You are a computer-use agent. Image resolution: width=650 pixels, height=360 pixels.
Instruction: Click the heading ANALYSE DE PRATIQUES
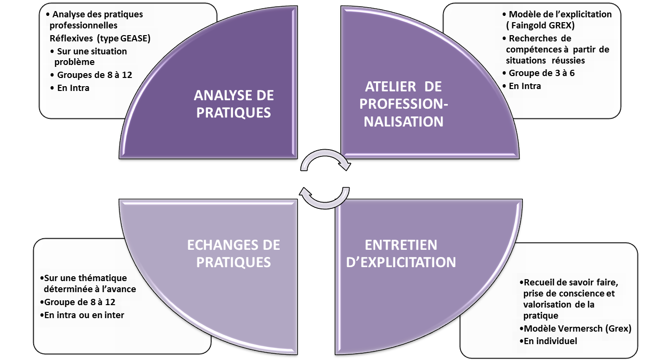[x=234, y=104]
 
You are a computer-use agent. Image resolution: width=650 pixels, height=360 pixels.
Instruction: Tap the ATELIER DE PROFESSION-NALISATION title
[x=403, y=104]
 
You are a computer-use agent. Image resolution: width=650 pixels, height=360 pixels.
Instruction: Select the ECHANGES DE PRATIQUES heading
[x=234, y=253]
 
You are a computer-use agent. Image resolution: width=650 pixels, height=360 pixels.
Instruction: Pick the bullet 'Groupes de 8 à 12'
[x=94, y=75]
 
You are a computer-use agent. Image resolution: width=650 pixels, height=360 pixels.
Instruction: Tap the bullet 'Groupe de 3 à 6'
[x=542, y=73]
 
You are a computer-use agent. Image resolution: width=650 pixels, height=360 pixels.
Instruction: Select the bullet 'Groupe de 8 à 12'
[x=80, y=302]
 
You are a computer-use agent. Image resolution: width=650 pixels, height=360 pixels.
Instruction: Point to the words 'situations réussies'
[x=546, y=61]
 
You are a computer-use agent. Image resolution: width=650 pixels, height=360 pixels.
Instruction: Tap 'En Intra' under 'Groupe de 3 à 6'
[x=525, y=86]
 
